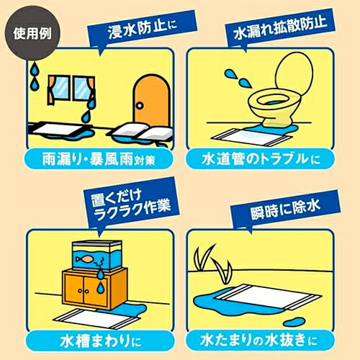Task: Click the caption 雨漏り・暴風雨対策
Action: (91, 157)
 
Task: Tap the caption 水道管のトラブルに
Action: (268, 157)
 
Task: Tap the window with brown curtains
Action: (68, 89)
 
